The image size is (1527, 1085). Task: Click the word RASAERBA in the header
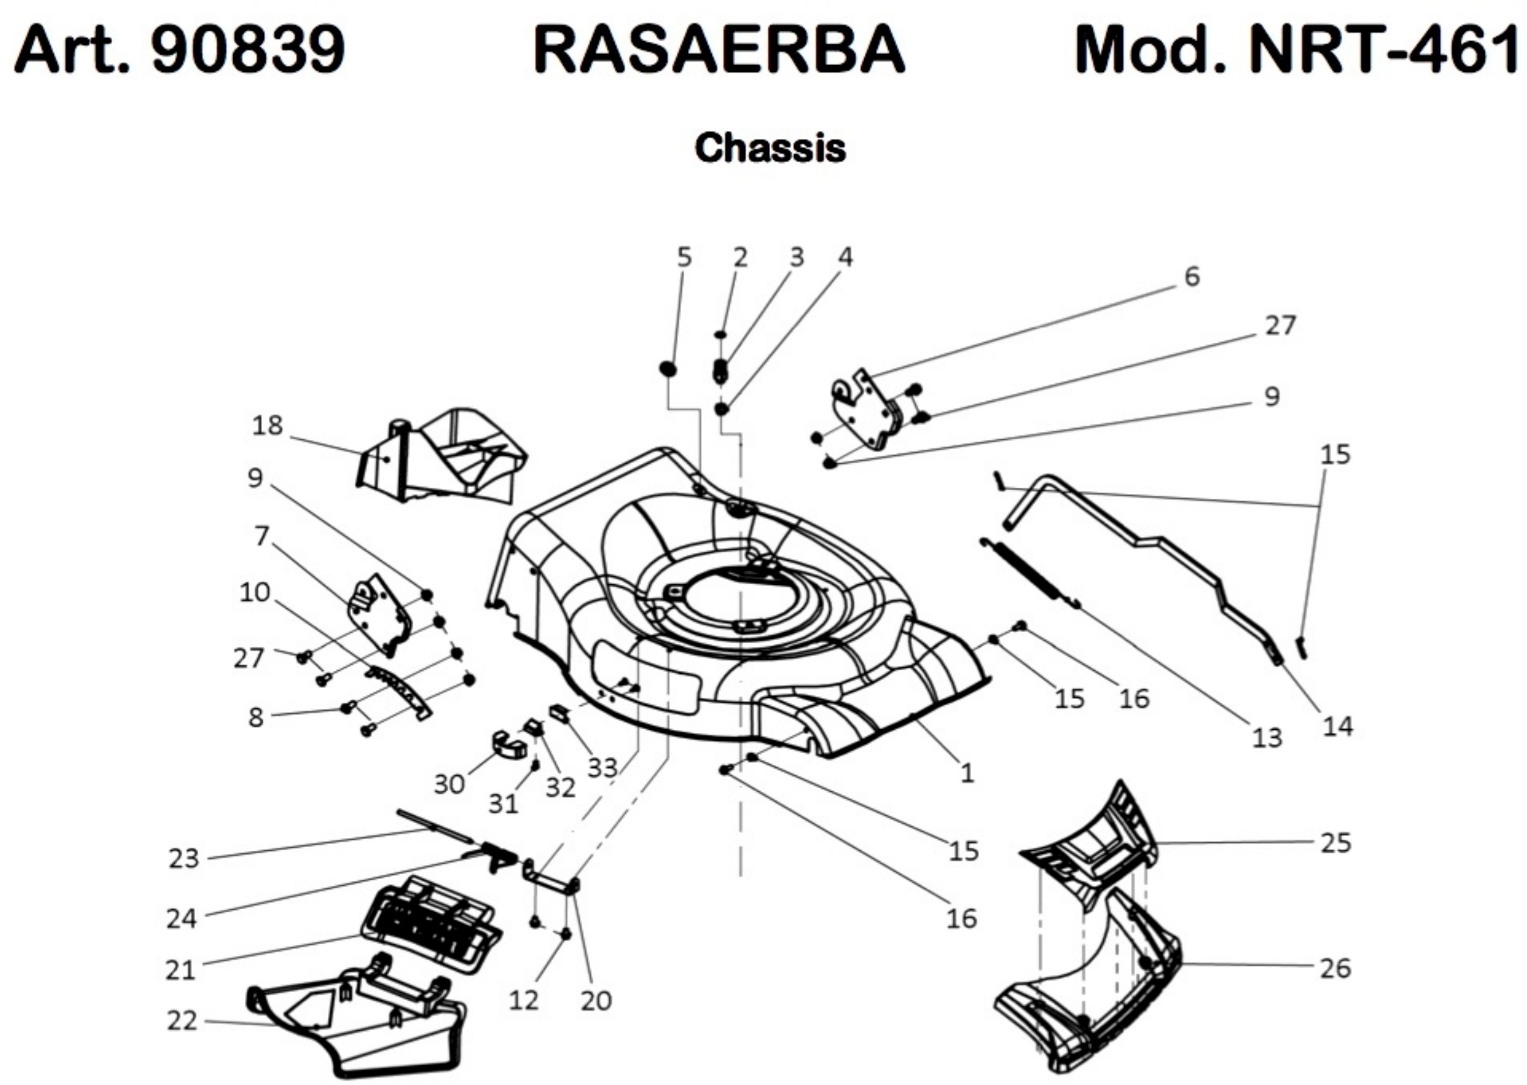719,51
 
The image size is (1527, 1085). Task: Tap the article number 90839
248,51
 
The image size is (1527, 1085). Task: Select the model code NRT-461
1382,51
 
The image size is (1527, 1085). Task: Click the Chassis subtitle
770,148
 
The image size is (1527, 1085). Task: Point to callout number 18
267,426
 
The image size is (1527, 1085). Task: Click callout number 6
1192,276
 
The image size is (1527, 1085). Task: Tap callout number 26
1335,968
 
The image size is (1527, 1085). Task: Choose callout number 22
182,1021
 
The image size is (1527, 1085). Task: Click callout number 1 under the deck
967,774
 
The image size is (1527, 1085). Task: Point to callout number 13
1267,738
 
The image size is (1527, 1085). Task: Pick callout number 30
449,783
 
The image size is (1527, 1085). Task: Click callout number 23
184,859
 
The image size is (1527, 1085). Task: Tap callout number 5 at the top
684,257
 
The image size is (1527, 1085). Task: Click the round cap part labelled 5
667,368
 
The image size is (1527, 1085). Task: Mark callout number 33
602,768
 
